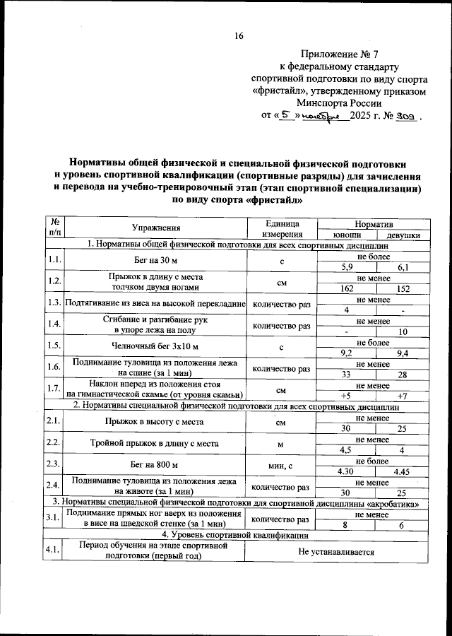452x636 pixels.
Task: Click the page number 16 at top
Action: tap(239, 37)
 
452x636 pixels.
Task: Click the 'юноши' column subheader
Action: tap(346, 235)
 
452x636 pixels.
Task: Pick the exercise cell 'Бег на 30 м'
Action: tap(155, 262)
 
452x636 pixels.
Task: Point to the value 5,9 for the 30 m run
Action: tap(346, 267)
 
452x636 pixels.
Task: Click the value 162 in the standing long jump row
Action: tap(346, 289)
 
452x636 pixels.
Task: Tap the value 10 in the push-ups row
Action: tap(402, 332)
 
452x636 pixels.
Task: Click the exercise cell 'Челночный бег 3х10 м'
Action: tap(155, 348)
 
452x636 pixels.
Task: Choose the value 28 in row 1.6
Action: tap(402, 374)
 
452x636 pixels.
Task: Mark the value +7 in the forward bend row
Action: tap(402, 396)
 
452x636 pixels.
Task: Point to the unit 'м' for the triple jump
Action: tap(280, 444)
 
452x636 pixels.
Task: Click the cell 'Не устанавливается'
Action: tap(335, 550)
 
